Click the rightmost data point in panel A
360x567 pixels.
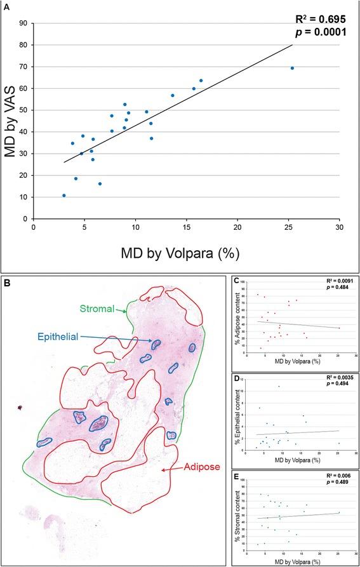coord(292,68)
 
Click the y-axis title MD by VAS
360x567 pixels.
coord(11,121)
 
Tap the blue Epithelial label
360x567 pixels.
coord(87,337)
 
